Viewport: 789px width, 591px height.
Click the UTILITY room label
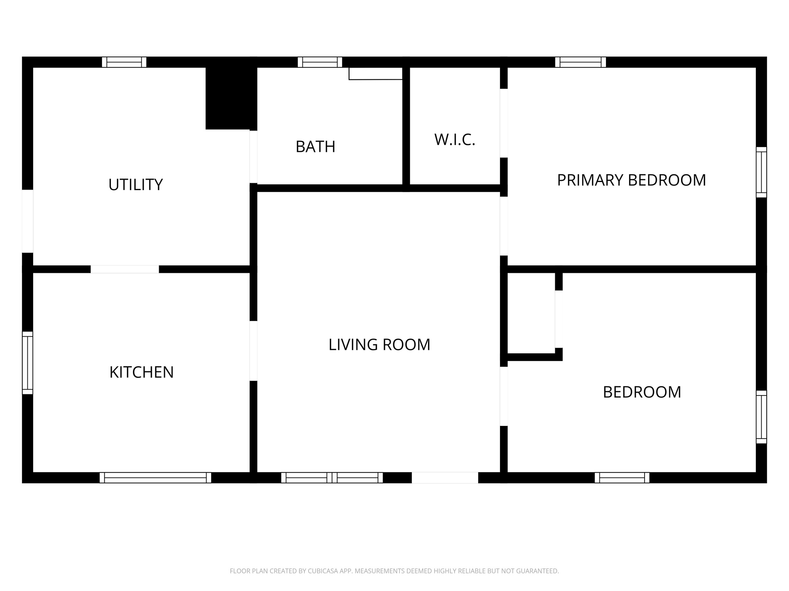(136, 185)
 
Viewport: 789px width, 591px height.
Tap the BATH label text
(315, 147)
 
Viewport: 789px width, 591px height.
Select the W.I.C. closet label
(455, 140)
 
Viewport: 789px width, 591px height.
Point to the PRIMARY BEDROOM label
(631, 180)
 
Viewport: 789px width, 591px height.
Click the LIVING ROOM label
(379, 344)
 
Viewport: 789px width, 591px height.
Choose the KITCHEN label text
(141, 372)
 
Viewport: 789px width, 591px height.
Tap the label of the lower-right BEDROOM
(642, 392)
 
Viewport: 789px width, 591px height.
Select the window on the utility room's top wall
(124, 62)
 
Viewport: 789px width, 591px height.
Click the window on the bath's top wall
(320, 62)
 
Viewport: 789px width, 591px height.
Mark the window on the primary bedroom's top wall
(580, 62)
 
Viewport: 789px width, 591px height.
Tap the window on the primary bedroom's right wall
(761, 172)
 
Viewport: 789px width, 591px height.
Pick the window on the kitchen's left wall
(27, 363)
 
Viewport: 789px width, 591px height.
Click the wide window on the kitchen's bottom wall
(155, 477)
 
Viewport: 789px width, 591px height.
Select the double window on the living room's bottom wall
(332, 477)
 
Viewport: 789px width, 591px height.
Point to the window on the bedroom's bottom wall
(622, 477)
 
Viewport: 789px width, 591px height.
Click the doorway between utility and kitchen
(124, 269)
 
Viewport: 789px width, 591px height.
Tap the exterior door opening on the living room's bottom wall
(445, 477)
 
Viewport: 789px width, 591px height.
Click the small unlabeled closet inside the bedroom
(531, 312)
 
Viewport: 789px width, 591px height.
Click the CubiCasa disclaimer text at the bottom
(394, 571)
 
